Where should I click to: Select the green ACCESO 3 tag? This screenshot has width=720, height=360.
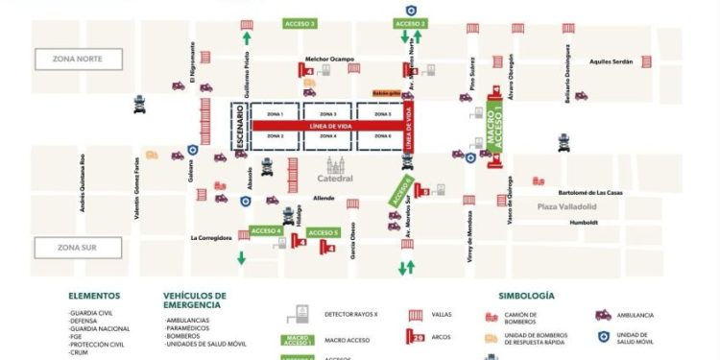[x=300, y=22]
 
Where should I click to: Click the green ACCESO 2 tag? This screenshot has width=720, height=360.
[x=410, y=22]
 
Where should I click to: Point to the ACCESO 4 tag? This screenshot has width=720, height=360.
[x=265, y=230]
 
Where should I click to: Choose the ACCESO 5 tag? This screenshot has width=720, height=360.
[x=324, y=232]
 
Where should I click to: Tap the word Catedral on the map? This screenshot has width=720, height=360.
[x=335, y=179]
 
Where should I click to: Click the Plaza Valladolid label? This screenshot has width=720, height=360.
[x=567, y=206]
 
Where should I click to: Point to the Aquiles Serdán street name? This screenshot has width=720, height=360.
[x=612, y=61]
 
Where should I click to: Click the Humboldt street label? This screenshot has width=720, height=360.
[x=583, y=222]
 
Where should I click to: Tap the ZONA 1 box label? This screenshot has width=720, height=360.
[x=275, y=114]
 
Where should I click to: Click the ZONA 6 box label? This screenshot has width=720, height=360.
[x=383, y=136]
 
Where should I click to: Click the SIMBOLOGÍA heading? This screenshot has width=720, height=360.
[x=526, y=296]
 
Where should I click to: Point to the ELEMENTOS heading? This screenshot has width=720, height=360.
[x=94, y=296]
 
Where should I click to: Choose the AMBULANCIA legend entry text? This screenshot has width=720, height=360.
[x=636, y=315]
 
